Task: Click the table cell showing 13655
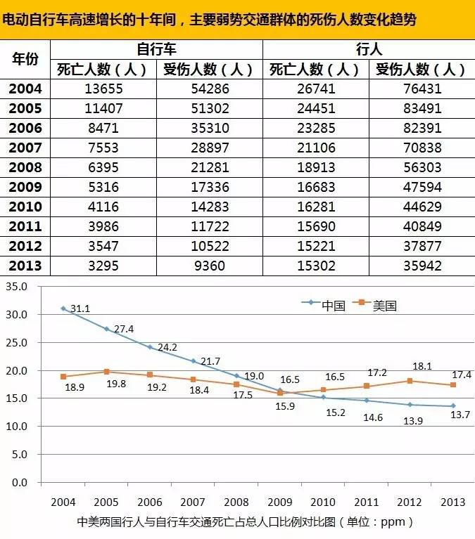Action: [103, 89]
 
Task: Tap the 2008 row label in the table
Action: [25, 168]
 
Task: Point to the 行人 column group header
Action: [369, 49]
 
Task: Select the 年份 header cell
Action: [25, 59]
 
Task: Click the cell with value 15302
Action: [315, 266]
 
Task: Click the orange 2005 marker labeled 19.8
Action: [106, 372]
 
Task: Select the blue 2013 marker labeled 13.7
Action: [452, 405]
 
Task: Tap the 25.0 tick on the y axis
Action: [15, 343]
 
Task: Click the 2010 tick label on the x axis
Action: [322, 503]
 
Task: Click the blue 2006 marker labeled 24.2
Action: [149, 347]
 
